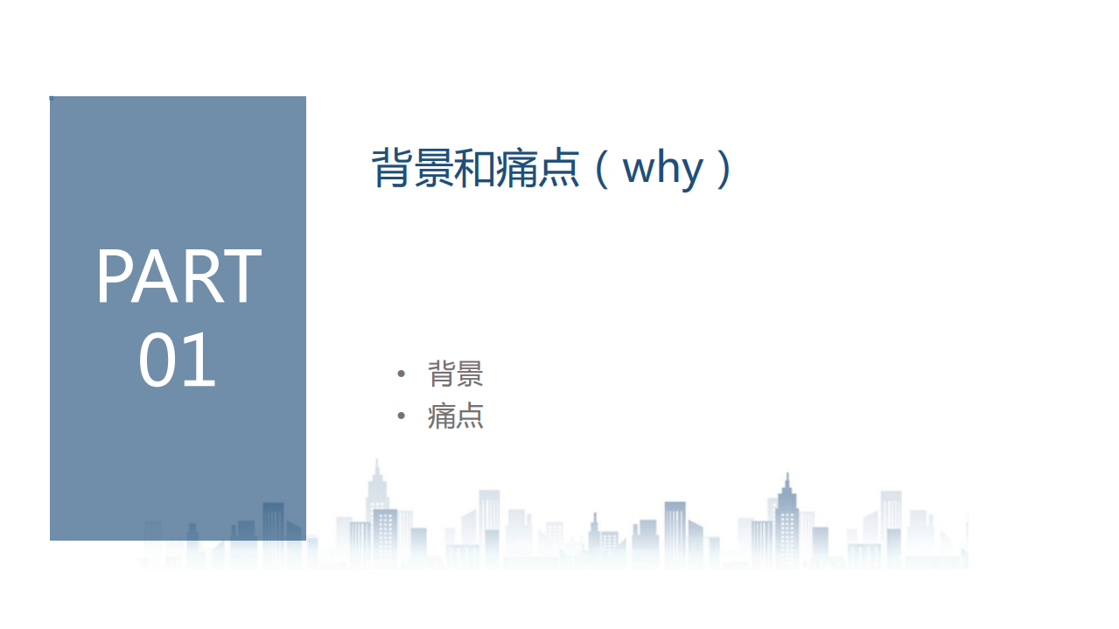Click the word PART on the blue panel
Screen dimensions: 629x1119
178,276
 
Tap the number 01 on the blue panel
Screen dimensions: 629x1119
178,360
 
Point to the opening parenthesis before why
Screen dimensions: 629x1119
600,168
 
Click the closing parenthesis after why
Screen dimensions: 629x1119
723,168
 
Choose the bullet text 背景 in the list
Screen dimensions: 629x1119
455,374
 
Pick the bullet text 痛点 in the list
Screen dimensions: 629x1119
455,416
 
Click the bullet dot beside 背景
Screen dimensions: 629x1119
402,374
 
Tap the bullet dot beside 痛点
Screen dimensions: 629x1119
402,416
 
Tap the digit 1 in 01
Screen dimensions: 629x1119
200,360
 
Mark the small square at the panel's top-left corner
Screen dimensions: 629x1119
51,98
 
